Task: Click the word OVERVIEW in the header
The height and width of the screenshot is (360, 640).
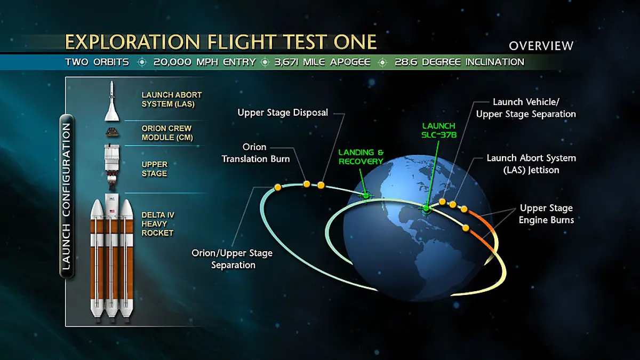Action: [x=541, y=46]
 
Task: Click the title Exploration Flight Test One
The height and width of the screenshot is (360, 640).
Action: [x=221, y=42]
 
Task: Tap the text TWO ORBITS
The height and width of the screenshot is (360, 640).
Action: [x=97, y=62]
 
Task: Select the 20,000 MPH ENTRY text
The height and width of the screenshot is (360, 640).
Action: [x=204, y=62]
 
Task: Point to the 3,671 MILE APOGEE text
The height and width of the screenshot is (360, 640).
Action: [x=322, y=62]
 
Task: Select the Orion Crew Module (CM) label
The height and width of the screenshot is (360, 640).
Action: [x=166, y=133]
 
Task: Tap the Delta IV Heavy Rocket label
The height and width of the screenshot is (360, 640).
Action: [x=157, y=224]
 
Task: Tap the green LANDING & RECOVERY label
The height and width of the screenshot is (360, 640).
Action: [x=361, y=157]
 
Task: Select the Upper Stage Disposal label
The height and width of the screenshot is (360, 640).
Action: [x=283, y=113]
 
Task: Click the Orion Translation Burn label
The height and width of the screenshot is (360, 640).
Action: [x=255, y=153]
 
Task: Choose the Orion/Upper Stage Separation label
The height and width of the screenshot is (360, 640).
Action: [x=232, y=259]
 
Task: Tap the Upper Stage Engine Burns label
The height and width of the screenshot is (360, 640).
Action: [x=547, y=214]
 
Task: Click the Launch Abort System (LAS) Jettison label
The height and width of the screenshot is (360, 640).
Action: [x=531, y=163]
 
